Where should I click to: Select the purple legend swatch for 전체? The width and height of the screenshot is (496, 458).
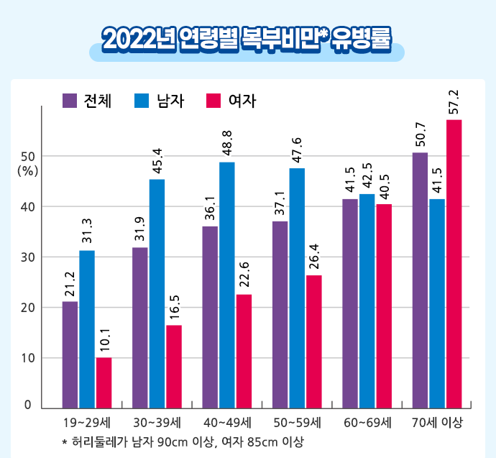pos(70,101)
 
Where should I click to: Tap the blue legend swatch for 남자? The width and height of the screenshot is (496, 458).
pos(142,101)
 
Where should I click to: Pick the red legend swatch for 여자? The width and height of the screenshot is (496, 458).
pos(213,101)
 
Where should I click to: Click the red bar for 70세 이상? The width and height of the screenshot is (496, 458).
pos(454,264)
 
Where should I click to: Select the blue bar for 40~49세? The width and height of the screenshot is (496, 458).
pos(226,285)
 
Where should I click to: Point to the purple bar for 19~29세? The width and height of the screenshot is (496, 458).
pos(70,354)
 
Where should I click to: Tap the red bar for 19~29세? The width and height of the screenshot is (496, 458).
pos(104,383)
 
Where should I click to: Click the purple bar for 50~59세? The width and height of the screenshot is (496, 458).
pos(280,315)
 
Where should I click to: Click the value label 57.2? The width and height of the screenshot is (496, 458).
pos(454,102)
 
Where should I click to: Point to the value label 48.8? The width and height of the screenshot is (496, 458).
pos(226,145)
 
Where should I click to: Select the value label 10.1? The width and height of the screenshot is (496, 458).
pos(104,340)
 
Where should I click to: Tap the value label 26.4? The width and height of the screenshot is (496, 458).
pos(314,257)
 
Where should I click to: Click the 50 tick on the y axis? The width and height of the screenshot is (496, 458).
pos(28,156)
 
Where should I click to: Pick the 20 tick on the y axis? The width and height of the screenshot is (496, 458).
pos(28,307)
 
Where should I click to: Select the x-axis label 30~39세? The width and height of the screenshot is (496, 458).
pos(157,422)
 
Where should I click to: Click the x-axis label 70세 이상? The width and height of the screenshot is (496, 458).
pos(437,422)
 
